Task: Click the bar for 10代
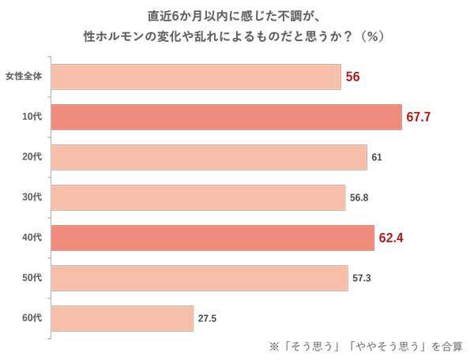pyautogui.click(x=227, y=117)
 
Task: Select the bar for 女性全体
pyautogui.click(x=197, y=77)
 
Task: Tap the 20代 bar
pyautogui.click(x=209, y=157)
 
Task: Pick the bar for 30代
pyautogui.click(x=199, y=197)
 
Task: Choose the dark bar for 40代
pyautogui.click(x=213, y=238)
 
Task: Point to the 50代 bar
pyautogui.click(x=200, y=278)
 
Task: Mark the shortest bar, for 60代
pyautogui.click(x=122, y=318)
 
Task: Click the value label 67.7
pyautogui.click(x=423, y=117)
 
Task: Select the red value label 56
pyautogui.click(x=353, y=77)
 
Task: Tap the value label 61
pyautogui.click(x=377, y=157)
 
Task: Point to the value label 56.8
pyautogui.click(x=359, y=197)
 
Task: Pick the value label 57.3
pyautogui.click(x=361, y=278)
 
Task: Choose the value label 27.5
pyautogui.click(x=208, y=318)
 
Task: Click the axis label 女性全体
pyautogui.click(x=28, y=77)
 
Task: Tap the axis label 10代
pyautogui.click(x=32, y=117)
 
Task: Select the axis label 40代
pyautogui.click(x=32, y=238)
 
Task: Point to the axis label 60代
pyautogui.click(x=32, y=318)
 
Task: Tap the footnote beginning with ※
pyautogui.click(x=366, y=346)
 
